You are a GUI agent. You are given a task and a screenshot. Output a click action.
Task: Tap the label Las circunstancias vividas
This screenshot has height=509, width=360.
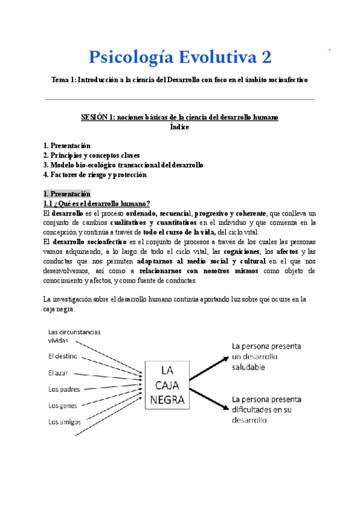tap(74, 336)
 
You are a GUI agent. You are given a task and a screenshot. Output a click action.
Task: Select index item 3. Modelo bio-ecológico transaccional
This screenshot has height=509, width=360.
tap(123, 165)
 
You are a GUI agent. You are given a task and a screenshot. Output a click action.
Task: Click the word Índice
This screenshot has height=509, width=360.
tap(179, 127)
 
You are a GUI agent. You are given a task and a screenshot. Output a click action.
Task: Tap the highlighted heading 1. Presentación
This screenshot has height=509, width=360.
tap(67, 194)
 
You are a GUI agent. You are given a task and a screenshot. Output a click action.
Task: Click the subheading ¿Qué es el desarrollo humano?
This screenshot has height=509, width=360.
tap(96, 203)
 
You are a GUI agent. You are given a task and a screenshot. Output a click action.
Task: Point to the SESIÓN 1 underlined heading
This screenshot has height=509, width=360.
tap(179, 117)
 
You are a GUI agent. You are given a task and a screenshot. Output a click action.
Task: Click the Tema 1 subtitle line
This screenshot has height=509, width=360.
tap(179, 79)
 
